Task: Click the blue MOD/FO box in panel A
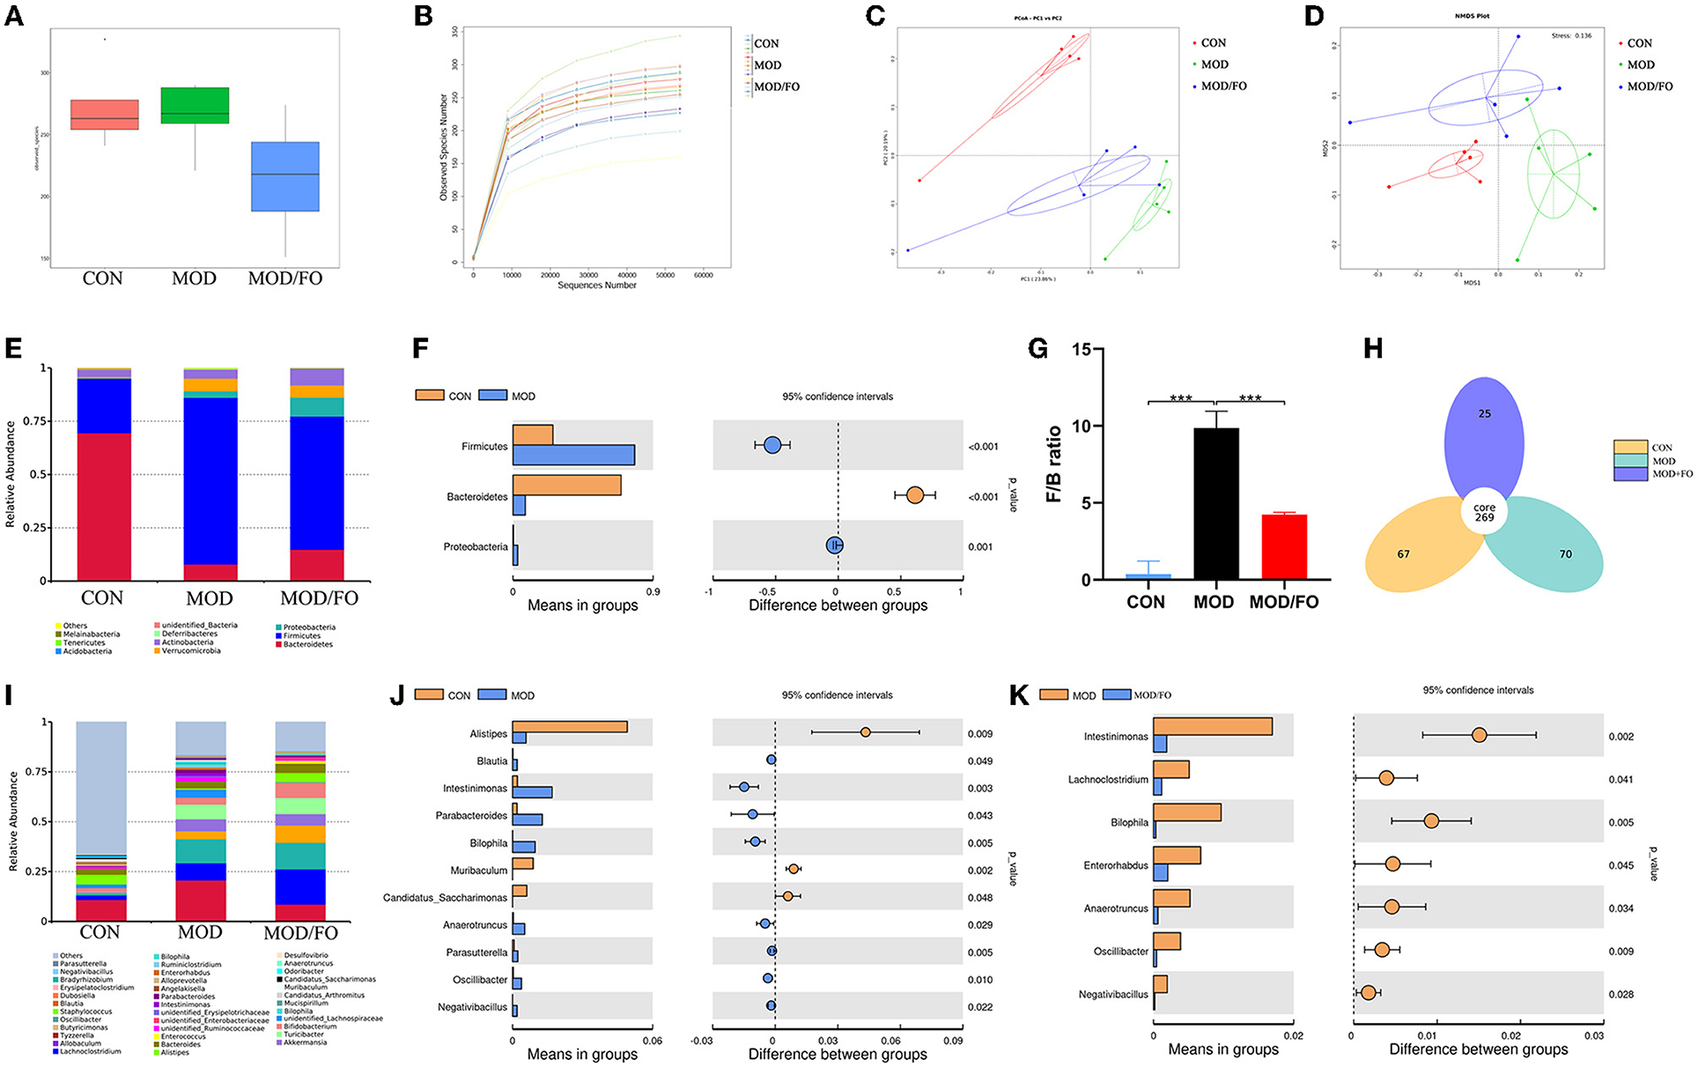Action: click(x=285, y=176)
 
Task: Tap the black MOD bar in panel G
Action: click(x=1215, y=503)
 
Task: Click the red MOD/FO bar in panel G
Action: click(x=1284, y=546)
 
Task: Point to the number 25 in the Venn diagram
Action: click(x=1485, y=413)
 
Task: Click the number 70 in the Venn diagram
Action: click(x=1565, y=554)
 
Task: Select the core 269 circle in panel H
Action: click(x=1485, y=513)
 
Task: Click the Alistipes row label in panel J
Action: click(x=489, y=734)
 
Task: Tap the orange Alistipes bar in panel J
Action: click(x=570, y=727)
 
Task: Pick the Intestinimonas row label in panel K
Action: click(x=1116, y=736)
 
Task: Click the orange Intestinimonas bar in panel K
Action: click(x=1213, y=726)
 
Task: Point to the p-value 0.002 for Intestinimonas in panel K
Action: click(x=1620, y=736)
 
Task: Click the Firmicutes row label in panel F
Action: click(x=484, y=447)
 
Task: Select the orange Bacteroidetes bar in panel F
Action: click(x=566, y=486)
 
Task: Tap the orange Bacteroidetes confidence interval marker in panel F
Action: click(x=914, y=496)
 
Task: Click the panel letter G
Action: click(x=1037, y=349)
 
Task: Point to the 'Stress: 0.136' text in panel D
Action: click(x=1571, y=36)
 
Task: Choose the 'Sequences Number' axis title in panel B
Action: click(x=596, y=286)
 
